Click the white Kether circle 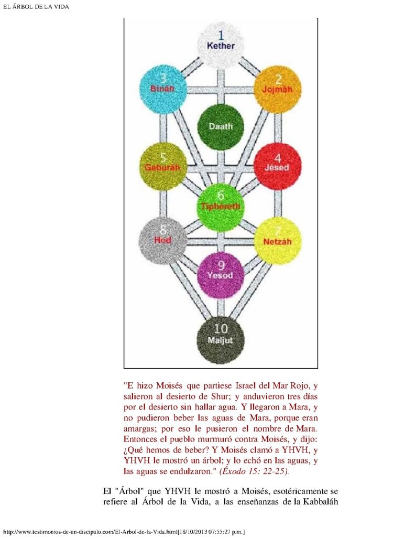[x=221, y=45]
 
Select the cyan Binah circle [x=163, y=89]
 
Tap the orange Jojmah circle [x=278, y=89]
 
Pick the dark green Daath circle [x=221, y=127]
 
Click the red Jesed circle [x=278, y=166]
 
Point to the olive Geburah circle [x=163, y=166]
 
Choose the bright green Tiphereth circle [x=221, y=207]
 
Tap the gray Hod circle [x=163, y=241]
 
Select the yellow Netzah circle [x=278, y=241]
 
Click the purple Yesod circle [x=221, y=275]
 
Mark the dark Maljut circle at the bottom [x=221, y=340]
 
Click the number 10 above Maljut [x=221, y=329]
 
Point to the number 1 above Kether [x=221, y=35]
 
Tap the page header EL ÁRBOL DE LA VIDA [x=36, y=6]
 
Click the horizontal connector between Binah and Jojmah [x=220, y=90]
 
